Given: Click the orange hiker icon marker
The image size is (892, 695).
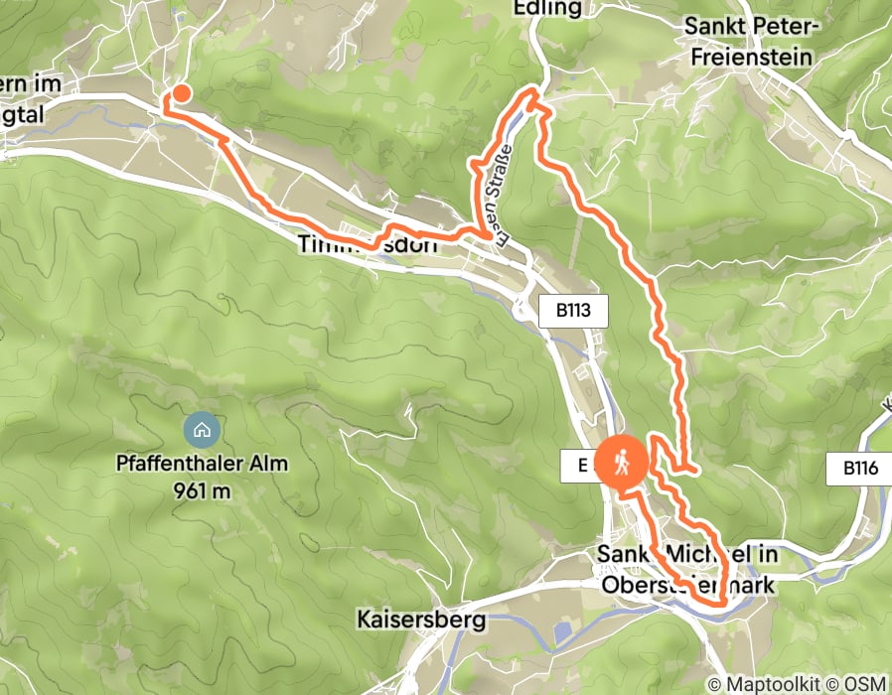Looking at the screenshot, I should [622, 462].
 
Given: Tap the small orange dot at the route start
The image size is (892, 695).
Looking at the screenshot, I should [182, 94].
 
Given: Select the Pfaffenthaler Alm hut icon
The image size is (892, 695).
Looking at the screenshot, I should [202, 430].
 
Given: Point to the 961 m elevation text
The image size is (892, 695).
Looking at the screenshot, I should [202, 490].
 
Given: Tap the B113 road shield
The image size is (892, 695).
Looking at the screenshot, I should [573, 311].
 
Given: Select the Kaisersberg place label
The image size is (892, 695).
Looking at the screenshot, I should [422, 621].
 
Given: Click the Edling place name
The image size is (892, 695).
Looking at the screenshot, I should [547, 9].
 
